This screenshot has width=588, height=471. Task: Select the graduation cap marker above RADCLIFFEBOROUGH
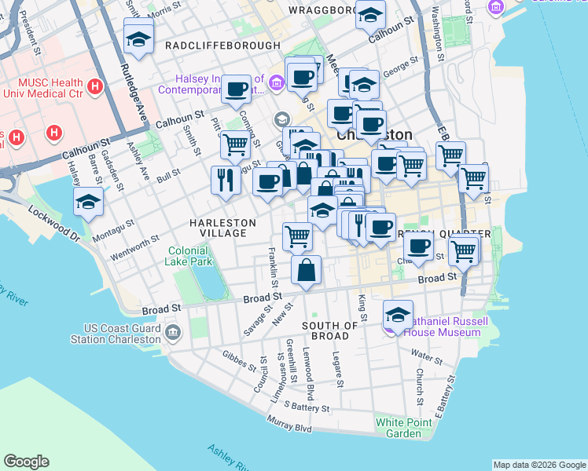point(138,38)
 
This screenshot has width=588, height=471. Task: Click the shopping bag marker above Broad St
point(307,271)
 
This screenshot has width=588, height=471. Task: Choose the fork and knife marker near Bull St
point(226,180)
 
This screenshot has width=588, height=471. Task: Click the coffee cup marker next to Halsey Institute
point(236,89)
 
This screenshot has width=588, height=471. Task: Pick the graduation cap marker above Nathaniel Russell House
point(399,315)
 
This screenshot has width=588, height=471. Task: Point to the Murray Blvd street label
point(291,425)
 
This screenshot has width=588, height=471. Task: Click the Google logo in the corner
point(26,462)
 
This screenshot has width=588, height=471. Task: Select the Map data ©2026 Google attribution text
point(538,465)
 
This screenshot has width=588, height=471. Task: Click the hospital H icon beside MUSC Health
point(95,86)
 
